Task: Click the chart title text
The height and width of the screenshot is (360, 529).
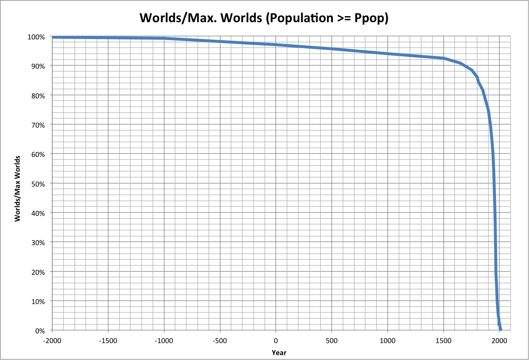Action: [x=264, y=18]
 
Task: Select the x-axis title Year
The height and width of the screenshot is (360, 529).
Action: [x=279, y=352]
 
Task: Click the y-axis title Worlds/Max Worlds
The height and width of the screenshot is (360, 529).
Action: [x=18, y=189]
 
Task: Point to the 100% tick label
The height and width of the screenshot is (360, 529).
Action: [x=36, y=37]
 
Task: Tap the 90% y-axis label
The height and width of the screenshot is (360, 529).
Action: [x=38, y=66]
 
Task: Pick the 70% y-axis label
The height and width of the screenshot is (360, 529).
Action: [x=38, y=125]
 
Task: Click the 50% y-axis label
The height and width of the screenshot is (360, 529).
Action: [x=38, y=184]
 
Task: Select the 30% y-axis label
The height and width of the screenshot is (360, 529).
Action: [x=38, y=243]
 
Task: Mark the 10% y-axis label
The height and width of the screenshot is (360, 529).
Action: [x=38, y=301]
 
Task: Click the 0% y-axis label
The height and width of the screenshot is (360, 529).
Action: [x=40, y=331]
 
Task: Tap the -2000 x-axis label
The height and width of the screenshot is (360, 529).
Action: [x=52, y=341]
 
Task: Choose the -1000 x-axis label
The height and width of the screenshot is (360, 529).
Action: [x=164, y=341]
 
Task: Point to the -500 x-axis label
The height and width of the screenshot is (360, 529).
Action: [x=220, y=341]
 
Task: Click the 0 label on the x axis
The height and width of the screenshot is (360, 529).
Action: [x=276, y=341]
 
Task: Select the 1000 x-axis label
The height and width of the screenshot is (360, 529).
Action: [x=387, y=341]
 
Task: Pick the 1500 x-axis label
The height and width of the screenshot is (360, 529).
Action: [x=443, y=341]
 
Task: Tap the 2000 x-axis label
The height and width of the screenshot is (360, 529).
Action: [x=499, y=341]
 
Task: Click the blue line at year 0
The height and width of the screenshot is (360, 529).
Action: [x=276, y=45]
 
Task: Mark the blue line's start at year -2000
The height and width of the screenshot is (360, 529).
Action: [x=53, y=37]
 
